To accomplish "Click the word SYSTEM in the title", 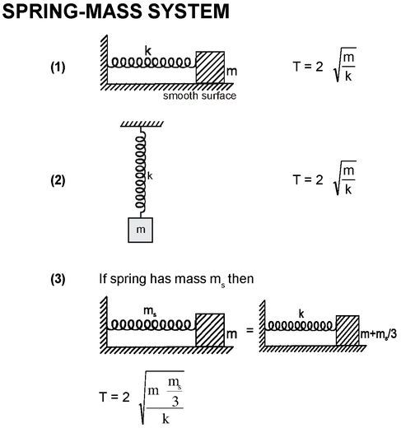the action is pos(189,12).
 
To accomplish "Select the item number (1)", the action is pos(58,67).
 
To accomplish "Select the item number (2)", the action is pos(58,180).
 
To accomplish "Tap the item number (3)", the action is pos(58,279).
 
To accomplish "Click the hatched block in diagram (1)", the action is pos(210,67).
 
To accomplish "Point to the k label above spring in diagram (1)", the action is pos(148,51).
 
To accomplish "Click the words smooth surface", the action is pos(199,95).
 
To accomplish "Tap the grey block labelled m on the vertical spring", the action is pos(140,230).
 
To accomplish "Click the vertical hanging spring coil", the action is pos(140,172).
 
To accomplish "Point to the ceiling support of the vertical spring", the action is pos(142,124).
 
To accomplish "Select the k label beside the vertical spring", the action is pos(150,176).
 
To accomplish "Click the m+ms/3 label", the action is pos(379,334).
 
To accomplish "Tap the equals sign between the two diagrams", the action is pos(249,330).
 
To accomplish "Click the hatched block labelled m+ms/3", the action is pos(347,330).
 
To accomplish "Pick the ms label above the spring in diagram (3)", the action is pos(150,311).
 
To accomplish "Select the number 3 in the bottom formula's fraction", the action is pos(175,401).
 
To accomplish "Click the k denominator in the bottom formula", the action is pos(166,419).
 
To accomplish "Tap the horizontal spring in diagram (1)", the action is pos(152,63).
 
